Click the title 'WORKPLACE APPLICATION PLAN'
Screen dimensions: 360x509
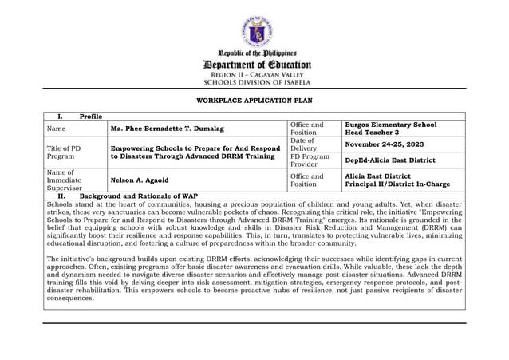coord(254,101)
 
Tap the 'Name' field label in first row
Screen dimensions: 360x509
coord(56,129)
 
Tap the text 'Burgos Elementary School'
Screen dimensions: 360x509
coord(390,125)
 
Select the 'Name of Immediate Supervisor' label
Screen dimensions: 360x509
coord(64,180)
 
